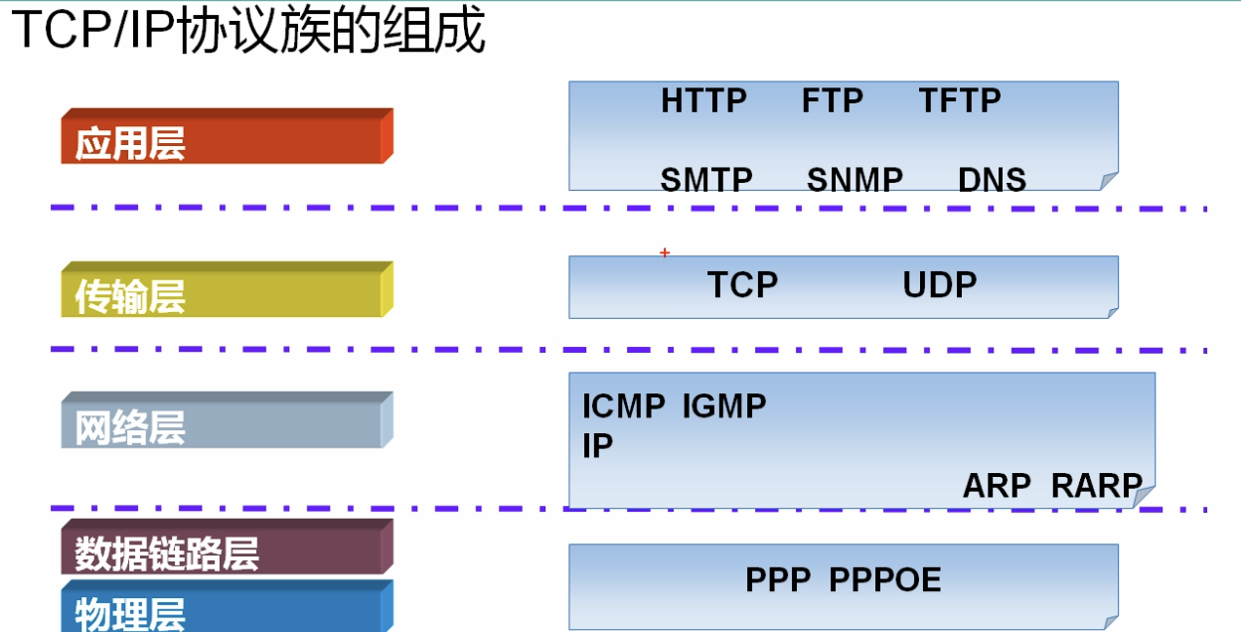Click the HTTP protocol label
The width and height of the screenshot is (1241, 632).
tap(703, 100)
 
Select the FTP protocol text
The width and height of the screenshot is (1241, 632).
tap(832, 100)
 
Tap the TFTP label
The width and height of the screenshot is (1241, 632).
tap(959, 100)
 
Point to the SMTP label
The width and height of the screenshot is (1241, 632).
tap(705, 180)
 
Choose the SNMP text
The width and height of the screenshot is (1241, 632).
tap(854, 180)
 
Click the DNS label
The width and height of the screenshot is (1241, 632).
tap(992, 180)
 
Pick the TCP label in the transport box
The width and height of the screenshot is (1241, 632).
tap(742, 285)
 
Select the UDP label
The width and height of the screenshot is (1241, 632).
tap(939, 285)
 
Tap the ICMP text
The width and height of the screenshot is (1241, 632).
tap(623, 406)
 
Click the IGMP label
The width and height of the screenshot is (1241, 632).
tap(723, 406)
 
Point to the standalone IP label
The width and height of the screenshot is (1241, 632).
tap(597, 447)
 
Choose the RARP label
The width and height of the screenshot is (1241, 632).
tap(1096, 486)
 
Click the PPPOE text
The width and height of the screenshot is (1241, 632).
tap(884, 579)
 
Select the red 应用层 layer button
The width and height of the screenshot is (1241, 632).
tap(227, 138)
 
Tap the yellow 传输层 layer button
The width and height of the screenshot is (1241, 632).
tap(227, 291)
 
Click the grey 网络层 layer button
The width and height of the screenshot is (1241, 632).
tap(227, 422)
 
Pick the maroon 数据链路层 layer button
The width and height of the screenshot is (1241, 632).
tap(227, 549)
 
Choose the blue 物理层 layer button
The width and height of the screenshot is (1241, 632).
tap(227, 608)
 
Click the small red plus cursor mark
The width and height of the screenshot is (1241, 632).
tap(665, 253)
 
